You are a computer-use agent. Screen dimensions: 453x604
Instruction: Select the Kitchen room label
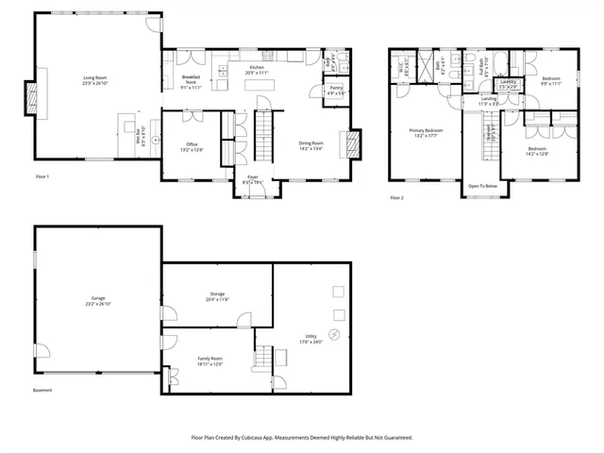coord(257,72)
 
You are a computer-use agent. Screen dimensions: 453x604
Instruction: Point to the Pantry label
coord(335,91)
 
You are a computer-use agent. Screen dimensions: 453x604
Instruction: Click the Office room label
coord(192,146)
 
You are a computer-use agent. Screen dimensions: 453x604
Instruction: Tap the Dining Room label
coord(311,145)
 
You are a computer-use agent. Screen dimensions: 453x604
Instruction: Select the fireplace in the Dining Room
coord(353,142)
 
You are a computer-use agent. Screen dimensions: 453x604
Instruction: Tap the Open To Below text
coord(481,186)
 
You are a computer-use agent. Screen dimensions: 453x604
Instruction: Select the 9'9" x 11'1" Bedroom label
coord(551,80)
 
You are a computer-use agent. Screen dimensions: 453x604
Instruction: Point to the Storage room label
coord(217,297)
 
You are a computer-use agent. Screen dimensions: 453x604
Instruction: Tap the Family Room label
coord(210,361)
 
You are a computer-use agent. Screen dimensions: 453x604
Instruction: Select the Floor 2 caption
coord(396,197)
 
